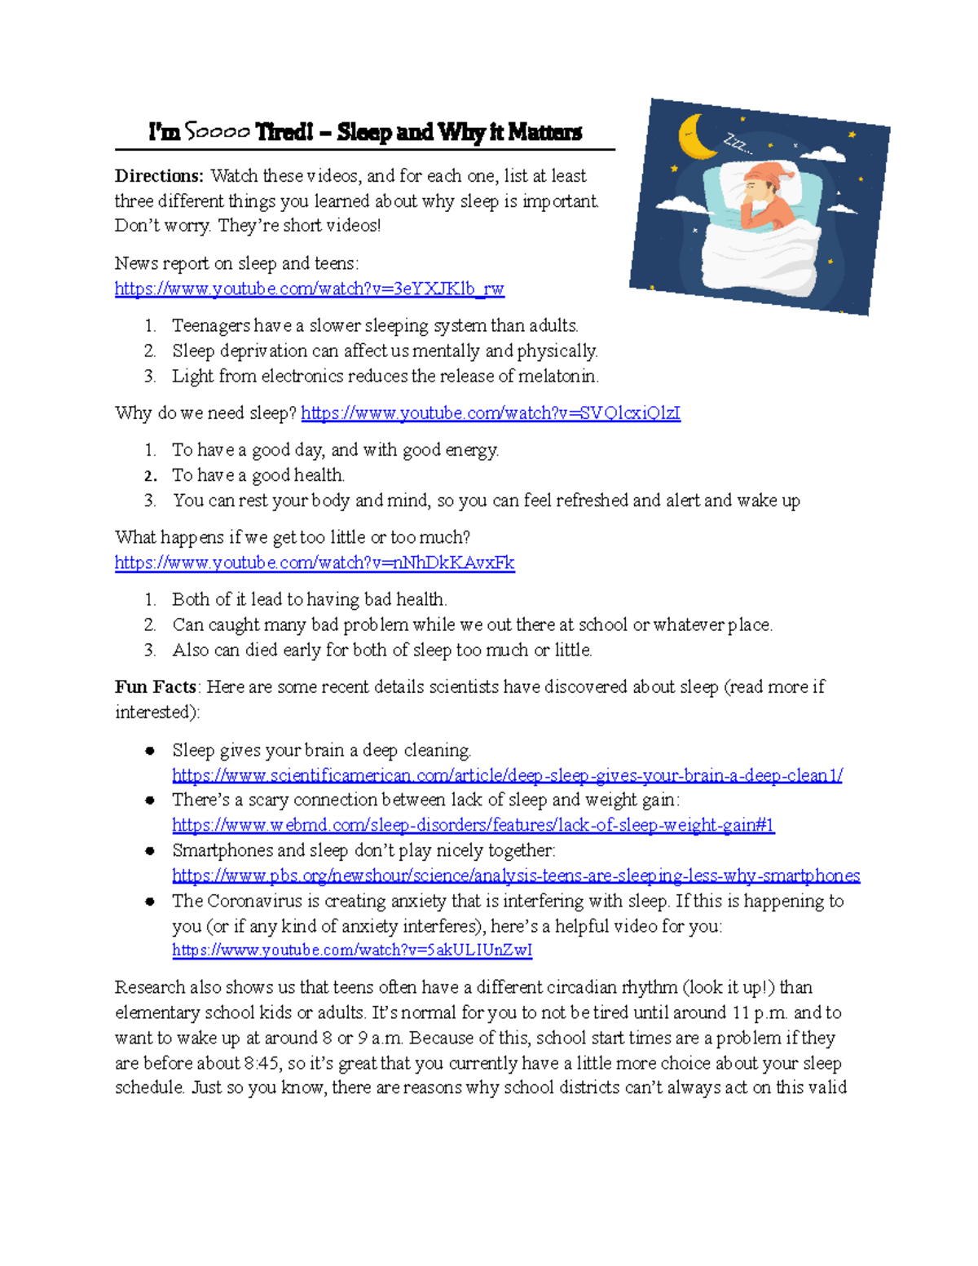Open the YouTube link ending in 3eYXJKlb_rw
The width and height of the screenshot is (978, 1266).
pyautogui.click(x=309, y=289)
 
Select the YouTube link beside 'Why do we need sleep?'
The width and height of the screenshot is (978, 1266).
pyautogui.click(x=491, y=413)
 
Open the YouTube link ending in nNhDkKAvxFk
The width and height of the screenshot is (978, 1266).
pyautogui.click(x=315, y=562)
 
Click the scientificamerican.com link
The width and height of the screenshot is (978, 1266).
pyautogui.click(x=507, y=775)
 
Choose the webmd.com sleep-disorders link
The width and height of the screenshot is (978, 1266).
pyautogui.click(x=473, y=825)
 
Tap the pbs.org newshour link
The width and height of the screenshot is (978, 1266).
pyautogui.click(x=516, y=876)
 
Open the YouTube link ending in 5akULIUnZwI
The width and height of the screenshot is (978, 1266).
pyautogui.click(x=352, y=951)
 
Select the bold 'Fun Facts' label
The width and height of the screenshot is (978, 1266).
pyautogui.click(x=155, y=687)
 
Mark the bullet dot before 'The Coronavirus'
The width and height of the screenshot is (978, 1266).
pyautogui.click(x=150, y=902)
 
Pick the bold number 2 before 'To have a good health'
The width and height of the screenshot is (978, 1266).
pyautogui.click(x=150, y=476)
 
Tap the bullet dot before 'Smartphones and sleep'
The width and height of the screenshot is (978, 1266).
pyautogui.click(x=150, y=851)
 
